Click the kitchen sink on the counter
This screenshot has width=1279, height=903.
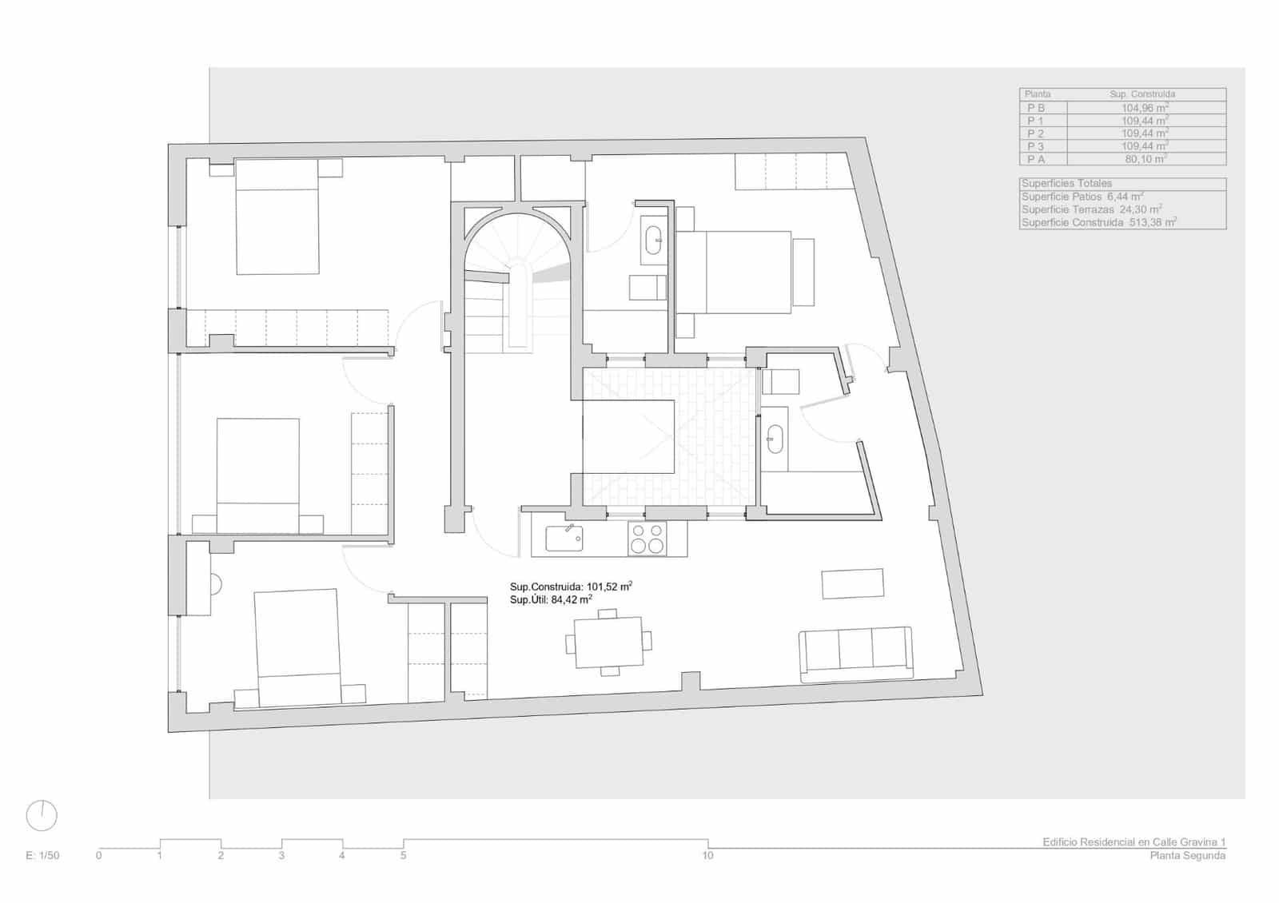pos(564,538)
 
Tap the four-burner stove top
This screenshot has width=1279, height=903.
pos(647,538)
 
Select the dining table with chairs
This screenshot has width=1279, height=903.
pos(608,642)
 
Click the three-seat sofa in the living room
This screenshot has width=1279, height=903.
pos(855,654)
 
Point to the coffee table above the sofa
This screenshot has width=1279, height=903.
pos(853,583)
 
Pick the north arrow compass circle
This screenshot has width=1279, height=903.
pos(42,816)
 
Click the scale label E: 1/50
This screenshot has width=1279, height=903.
pos(42,856)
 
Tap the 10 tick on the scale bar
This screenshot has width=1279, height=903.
pos(707,855)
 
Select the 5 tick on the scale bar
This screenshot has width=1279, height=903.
pos(403,855)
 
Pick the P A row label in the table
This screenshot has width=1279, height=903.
pos(1035,159)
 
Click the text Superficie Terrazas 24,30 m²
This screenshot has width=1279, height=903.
pos(1091,209)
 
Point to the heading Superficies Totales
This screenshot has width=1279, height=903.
pos(1066,184)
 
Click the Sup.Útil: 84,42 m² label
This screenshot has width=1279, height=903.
pos(551,599)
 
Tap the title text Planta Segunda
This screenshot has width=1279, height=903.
pos(1187,856)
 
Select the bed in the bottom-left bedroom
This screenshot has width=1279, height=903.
pos(298,647)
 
